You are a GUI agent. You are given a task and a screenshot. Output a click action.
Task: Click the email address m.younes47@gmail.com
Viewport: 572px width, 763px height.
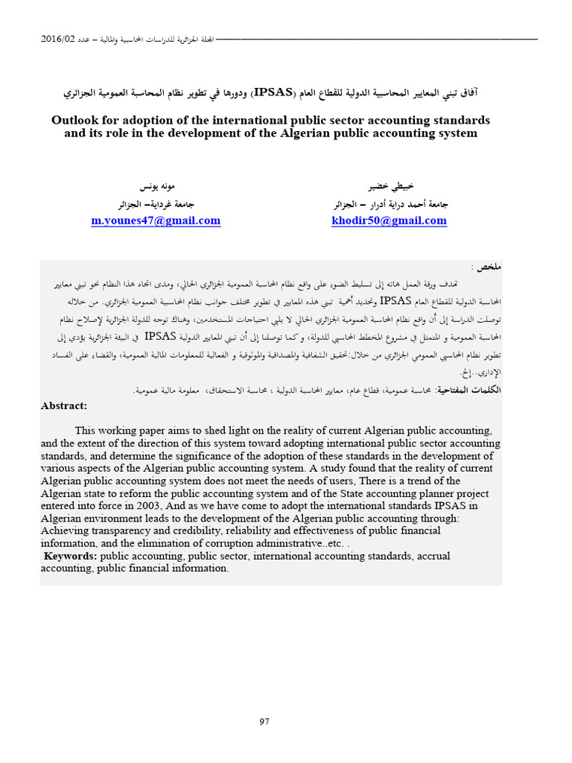(x=156, y=221)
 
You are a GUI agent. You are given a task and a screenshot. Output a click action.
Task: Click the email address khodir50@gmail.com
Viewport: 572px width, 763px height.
(x=388, y=221)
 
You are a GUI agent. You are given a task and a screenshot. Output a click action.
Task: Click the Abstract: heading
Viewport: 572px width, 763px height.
(x=64, y=406)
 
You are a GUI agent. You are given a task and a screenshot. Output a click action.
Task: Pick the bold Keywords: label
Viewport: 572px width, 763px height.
(x=70, y=556)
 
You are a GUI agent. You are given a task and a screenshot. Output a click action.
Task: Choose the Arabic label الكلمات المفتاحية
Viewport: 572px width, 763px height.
(x=469, y=390)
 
